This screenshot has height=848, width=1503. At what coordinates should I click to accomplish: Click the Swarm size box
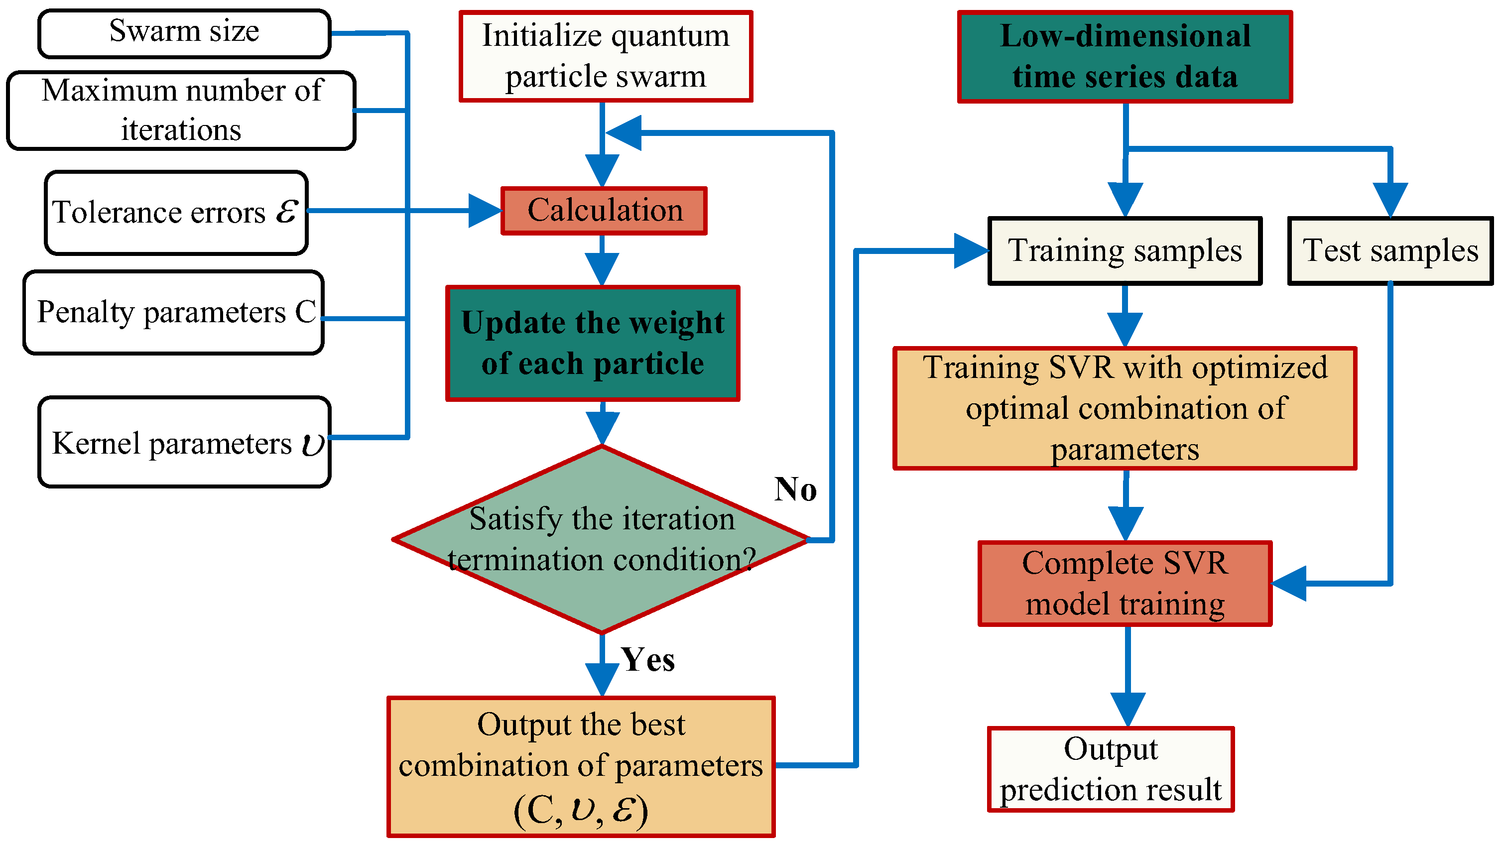pos(184,33)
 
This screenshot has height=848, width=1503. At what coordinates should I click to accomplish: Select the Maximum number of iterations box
pos(181,110)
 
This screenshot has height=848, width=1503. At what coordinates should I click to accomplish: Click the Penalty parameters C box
pos(173,312)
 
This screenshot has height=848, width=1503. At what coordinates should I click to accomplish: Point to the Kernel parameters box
pos(184,442)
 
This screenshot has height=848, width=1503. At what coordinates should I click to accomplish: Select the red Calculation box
pos(605,211)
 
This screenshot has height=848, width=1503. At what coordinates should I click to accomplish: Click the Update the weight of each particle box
pos(593,344)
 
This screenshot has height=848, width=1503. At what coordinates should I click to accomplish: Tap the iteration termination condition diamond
pos(602,539)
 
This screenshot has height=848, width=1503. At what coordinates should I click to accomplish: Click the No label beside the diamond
pos(795,489)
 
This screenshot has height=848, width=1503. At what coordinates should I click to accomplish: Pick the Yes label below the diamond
pos(647,660)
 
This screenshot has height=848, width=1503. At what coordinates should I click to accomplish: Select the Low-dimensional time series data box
pos(1125,57)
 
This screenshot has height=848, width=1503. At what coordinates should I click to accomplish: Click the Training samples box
pos(1125,251)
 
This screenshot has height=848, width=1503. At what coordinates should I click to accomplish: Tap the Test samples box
pos(1390,251)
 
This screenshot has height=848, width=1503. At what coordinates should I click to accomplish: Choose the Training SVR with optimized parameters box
pos(1125,408)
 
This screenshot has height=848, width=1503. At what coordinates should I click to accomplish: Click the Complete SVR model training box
pos(1125,583)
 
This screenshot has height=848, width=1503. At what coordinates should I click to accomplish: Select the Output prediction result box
pos(1111,769)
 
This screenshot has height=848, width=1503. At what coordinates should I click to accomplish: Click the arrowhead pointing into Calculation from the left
pos(486,211)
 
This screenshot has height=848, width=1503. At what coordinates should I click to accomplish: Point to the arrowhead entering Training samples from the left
pos(972,251)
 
